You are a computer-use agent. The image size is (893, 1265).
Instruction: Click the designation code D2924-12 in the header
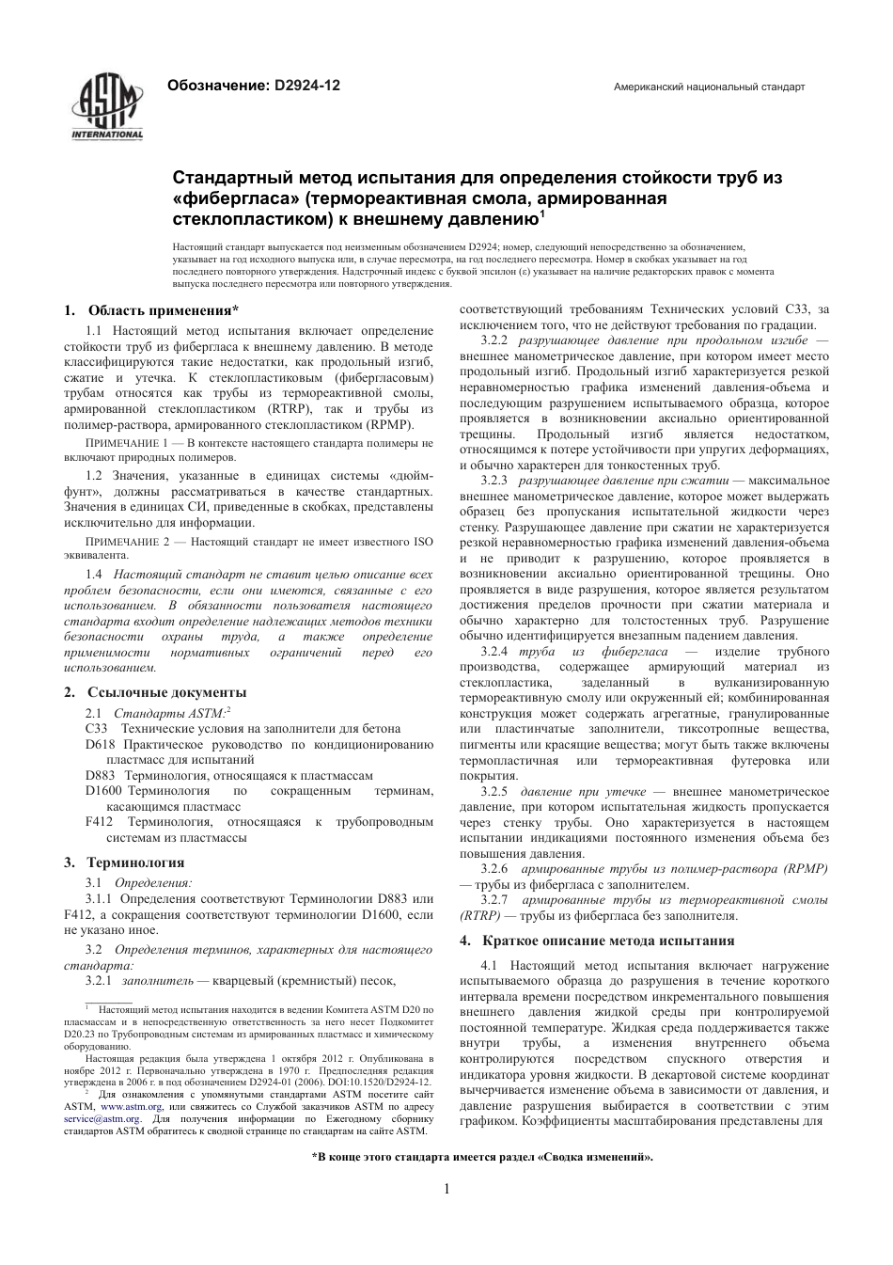click(307, 86)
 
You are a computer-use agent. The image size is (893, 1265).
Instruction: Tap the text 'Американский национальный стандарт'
click(709, 87)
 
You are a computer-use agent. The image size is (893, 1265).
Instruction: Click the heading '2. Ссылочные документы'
click(155, 692)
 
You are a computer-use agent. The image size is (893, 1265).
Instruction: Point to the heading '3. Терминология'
click(124, 862)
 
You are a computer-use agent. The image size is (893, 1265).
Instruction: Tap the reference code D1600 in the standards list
click(103, 791)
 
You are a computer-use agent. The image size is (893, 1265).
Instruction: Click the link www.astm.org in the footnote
click(137, 1107)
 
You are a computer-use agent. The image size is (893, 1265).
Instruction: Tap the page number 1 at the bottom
click(446, 1189)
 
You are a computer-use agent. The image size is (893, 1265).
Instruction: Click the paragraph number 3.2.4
click(493, 652)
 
